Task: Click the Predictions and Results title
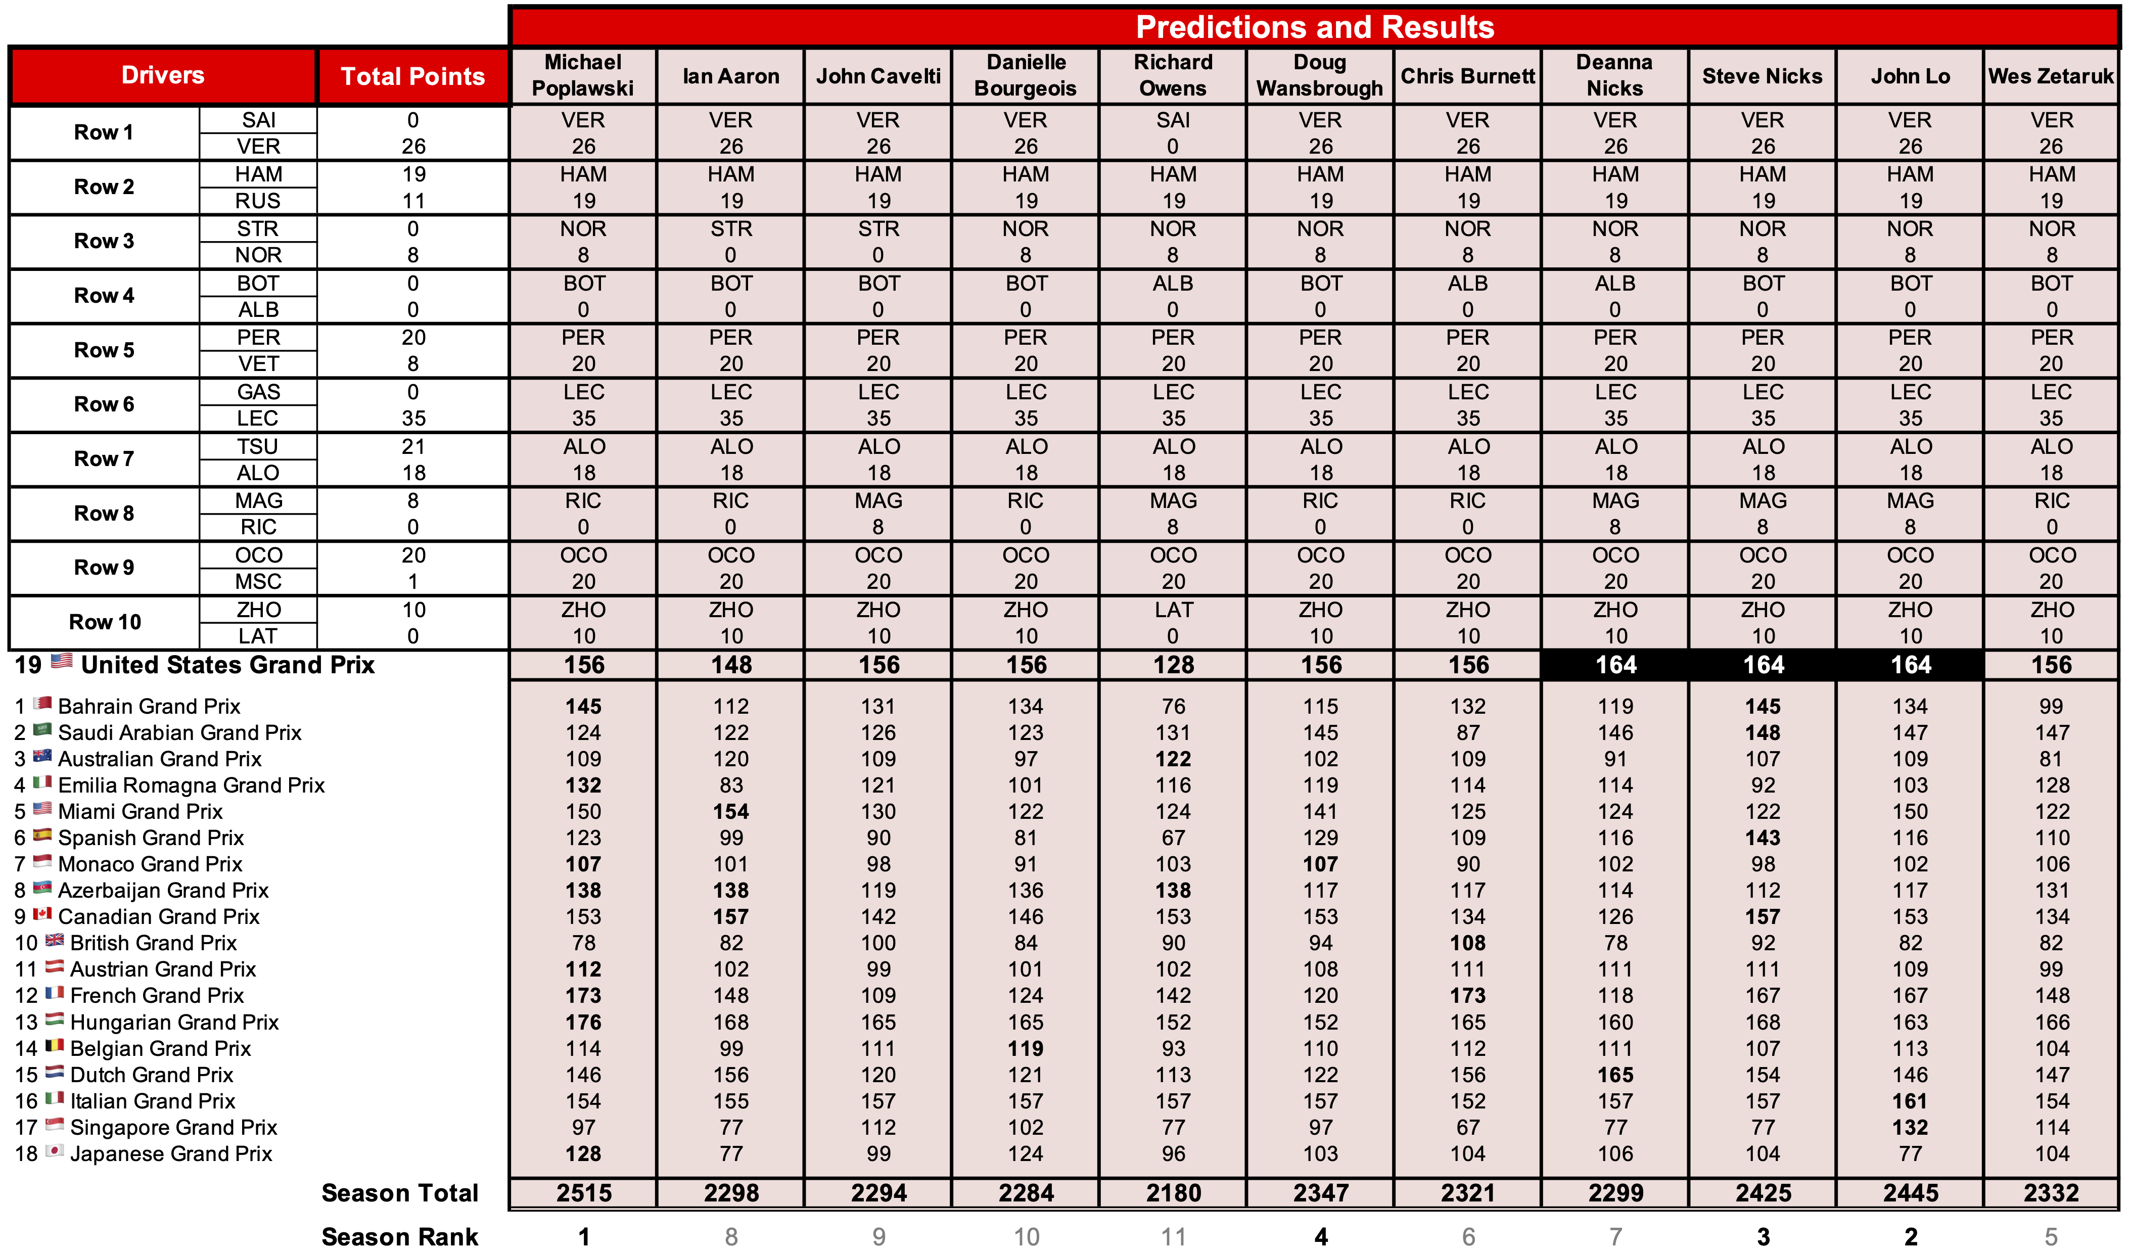pos(1314,27)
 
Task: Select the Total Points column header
pos(412,76)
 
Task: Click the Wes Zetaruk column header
pos(2051,76)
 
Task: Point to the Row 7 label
pos(104,459)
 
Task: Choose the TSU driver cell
pos(258,446)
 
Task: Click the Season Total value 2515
pos(583,1193)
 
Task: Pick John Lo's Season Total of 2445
pos(1910,1193)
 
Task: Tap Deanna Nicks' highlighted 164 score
pos(1615,665)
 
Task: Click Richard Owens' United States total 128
pos(1173,665)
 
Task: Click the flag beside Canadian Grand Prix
pos(43,915)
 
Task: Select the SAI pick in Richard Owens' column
pos(1173,120)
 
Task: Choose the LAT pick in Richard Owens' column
pos(1173,610)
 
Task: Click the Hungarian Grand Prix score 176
pos(583,1022)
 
